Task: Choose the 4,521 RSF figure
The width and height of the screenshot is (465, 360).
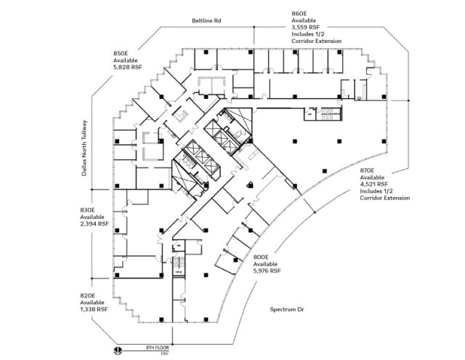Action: tap(376, 184)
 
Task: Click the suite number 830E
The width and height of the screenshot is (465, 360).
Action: tap(87, 209)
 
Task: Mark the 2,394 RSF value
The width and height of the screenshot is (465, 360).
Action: tap(94, 224)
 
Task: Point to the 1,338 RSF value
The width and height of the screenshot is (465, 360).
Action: tap(94, 309)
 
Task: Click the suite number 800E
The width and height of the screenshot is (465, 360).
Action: tap(262, 257)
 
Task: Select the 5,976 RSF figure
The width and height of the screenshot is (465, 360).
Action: tap(267, 271)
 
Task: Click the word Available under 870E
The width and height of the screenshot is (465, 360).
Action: tap(373, 177)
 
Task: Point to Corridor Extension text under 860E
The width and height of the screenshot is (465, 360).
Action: tap(317, 42)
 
